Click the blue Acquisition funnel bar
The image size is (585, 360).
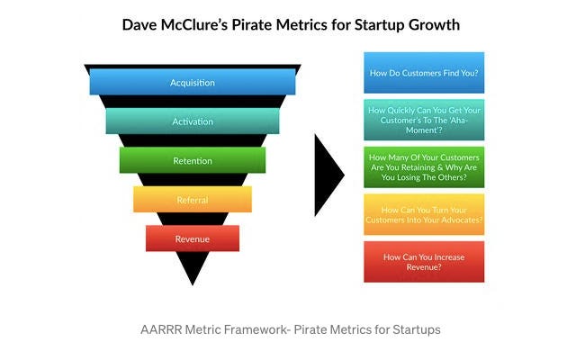(x=193, y=82)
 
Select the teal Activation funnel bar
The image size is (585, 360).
(x=193, y=121)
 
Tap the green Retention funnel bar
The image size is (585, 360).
(x=193, y=160)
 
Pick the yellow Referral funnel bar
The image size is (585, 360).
(x=193, y=200)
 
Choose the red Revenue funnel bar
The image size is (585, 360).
(x=193, y=238)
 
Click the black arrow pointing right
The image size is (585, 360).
(x=328, y=175)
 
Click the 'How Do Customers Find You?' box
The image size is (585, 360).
(x=424, y=73)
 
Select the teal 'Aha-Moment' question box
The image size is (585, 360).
(x=424, y=120)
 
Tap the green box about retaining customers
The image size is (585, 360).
(x=424, y=167)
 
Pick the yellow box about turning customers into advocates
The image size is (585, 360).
(x=424, y=214)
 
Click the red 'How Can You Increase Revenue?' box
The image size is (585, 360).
(x=424, y=261)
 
